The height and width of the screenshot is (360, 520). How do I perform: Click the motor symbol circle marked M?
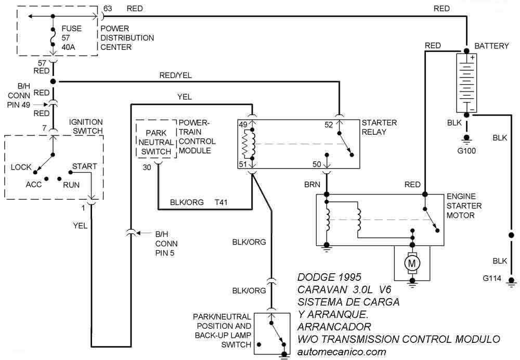413,264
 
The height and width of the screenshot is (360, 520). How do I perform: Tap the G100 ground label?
466,151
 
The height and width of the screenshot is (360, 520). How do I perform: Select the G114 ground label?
492,279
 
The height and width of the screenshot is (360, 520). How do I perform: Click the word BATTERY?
491,46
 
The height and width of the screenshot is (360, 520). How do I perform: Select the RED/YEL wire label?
175,75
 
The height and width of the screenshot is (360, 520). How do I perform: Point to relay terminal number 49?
242,124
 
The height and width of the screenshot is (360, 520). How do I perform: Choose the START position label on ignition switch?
84,166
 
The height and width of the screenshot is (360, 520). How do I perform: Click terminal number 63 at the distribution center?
108,9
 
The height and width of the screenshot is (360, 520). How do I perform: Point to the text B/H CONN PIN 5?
166,243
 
